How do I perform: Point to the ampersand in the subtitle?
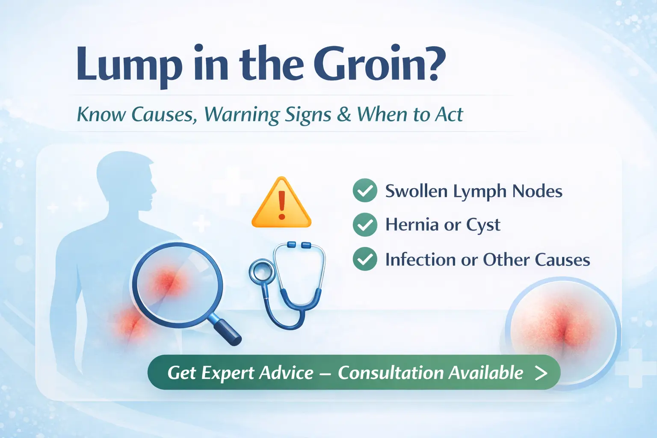(x=343, y=114)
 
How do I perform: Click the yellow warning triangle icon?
(x=281, y=204)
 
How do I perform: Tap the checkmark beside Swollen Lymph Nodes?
(x=365, y=190)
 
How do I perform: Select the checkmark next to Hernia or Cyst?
(x=365, y=225)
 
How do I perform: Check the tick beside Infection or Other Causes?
(x=365, y=259)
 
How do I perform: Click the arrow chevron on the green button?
(x=541, y=373)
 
